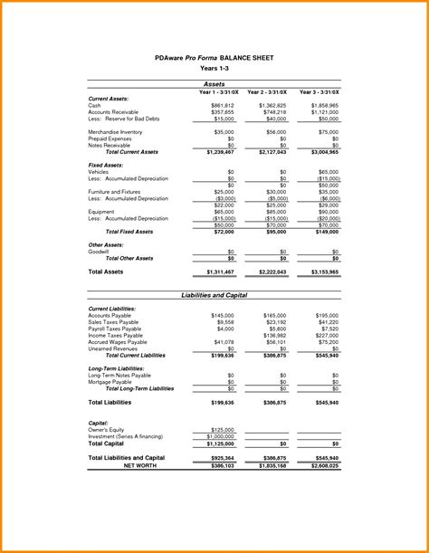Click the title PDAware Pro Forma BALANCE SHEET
pos(214,56)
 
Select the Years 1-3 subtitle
pos(214,68)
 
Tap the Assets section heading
pos(214,83)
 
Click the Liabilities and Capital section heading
pos(214,295)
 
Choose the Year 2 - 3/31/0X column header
pos(267,91)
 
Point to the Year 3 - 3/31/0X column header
pos(319,91)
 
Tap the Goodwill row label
pos(100,252)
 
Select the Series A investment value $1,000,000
pos(220,437)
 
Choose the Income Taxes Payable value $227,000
pos(326,335)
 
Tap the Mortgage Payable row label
pos(110,382)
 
